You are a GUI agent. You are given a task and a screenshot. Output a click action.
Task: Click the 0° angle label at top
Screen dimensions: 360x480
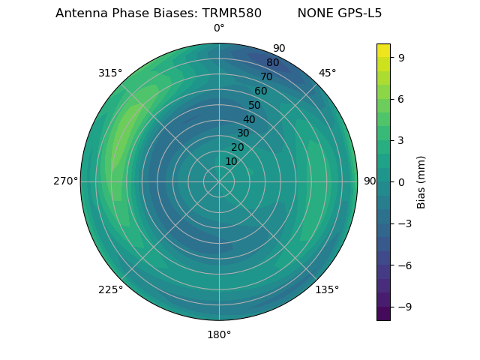219,28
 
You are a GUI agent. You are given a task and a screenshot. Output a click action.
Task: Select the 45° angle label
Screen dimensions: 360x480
327,73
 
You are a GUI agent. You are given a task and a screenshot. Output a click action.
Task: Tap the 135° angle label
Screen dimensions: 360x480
327,289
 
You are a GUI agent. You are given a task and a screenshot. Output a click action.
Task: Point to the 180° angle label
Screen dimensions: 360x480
219,334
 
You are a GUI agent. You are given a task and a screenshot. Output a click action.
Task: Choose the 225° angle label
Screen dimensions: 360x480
110,289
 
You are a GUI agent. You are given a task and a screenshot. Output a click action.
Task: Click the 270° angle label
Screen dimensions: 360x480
65,181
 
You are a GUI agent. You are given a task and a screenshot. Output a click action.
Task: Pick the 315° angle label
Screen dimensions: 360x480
110,73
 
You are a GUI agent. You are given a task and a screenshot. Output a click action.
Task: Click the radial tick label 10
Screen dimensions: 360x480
231,161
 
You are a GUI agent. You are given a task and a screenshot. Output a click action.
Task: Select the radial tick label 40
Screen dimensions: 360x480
249,119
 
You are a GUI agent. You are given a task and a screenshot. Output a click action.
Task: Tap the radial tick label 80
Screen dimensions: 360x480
272,63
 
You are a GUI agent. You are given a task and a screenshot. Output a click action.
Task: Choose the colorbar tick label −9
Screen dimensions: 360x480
403,307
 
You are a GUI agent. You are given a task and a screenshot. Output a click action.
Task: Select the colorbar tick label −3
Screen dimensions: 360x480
403,223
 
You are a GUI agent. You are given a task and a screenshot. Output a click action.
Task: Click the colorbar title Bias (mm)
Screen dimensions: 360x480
421,181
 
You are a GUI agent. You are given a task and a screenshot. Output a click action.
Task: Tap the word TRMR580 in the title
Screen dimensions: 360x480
232,13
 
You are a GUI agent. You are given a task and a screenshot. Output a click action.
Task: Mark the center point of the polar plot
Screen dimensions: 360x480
219,181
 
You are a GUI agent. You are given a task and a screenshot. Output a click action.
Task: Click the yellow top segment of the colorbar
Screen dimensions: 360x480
383,49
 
